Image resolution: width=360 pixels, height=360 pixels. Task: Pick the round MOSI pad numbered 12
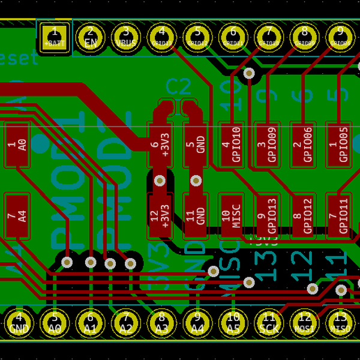(x=305, y=322)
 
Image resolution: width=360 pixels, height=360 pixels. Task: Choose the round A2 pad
(x=126, y=322)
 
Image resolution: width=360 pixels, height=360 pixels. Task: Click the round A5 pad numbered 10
(x=233, y=322)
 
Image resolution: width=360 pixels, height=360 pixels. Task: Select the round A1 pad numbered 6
(x=91, y=322)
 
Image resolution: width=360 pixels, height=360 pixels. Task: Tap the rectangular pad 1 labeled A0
(x=17, y=145)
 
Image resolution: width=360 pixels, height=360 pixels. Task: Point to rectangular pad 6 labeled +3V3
(x=160, y=145)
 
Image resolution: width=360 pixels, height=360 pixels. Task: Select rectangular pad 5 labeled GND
(x=196, y=145)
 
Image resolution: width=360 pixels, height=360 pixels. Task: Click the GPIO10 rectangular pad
(x=231, y=145)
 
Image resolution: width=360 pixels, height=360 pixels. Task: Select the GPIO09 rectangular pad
(x=267, y=145)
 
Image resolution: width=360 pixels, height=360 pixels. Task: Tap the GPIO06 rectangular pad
(x=302, y=145)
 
